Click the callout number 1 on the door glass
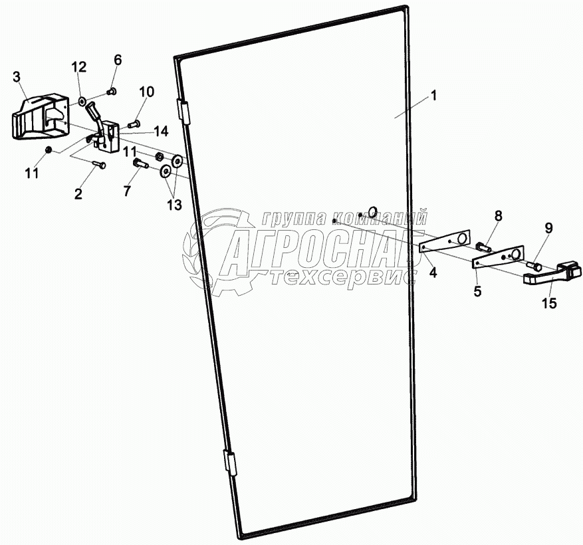(x=433, y=96)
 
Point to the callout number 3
(x=17, y=76)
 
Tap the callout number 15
(x=550, y=303)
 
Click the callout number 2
(x=78, y=193)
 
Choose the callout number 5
(x=477, y=290)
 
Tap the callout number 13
(x=174, y=205)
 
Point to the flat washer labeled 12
(x=82, y=102)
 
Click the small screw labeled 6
(x=111, y=91)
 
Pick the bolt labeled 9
(x=532, y=265)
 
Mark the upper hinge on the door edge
(x=183, y=111)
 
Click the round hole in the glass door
(x=373, y=212)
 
